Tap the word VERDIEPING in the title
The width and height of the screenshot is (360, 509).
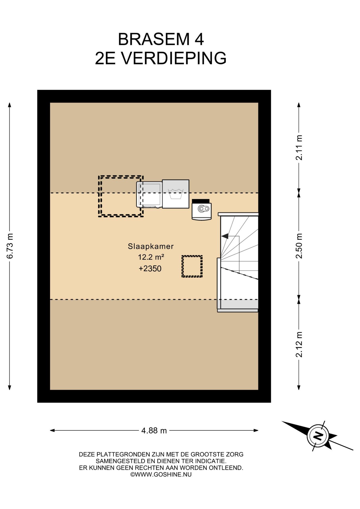(x=174, y=58)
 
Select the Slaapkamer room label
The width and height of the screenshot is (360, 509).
(x=151, y=246)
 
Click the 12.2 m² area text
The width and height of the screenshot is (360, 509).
(x=151, y=257)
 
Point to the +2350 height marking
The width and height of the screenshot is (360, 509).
(x=150, y=269)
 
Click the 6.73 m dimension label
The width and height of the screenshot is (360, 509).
(x=10, y=246)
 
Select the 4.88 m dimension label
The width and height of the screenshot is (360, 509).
(x=154, y=431)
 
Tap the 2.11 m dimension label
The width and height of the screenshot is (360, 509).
(x=299, y=148)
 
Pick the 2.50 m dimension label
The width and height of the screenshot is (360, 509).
(x=299, y=246)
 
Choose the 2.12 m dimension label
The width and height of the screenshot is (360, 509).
(x=299, y=345)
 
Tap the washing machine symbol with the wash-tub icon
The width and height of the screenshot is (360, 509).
(x=175, y=194)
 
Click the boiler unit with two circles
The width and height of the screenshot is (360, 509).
(x=201, y=209)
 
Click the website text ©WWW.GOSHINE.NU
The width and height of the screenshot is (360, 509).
(x=161, y=475)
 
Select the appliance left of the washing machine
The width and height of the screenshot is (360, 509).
(x=149, y=194)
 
